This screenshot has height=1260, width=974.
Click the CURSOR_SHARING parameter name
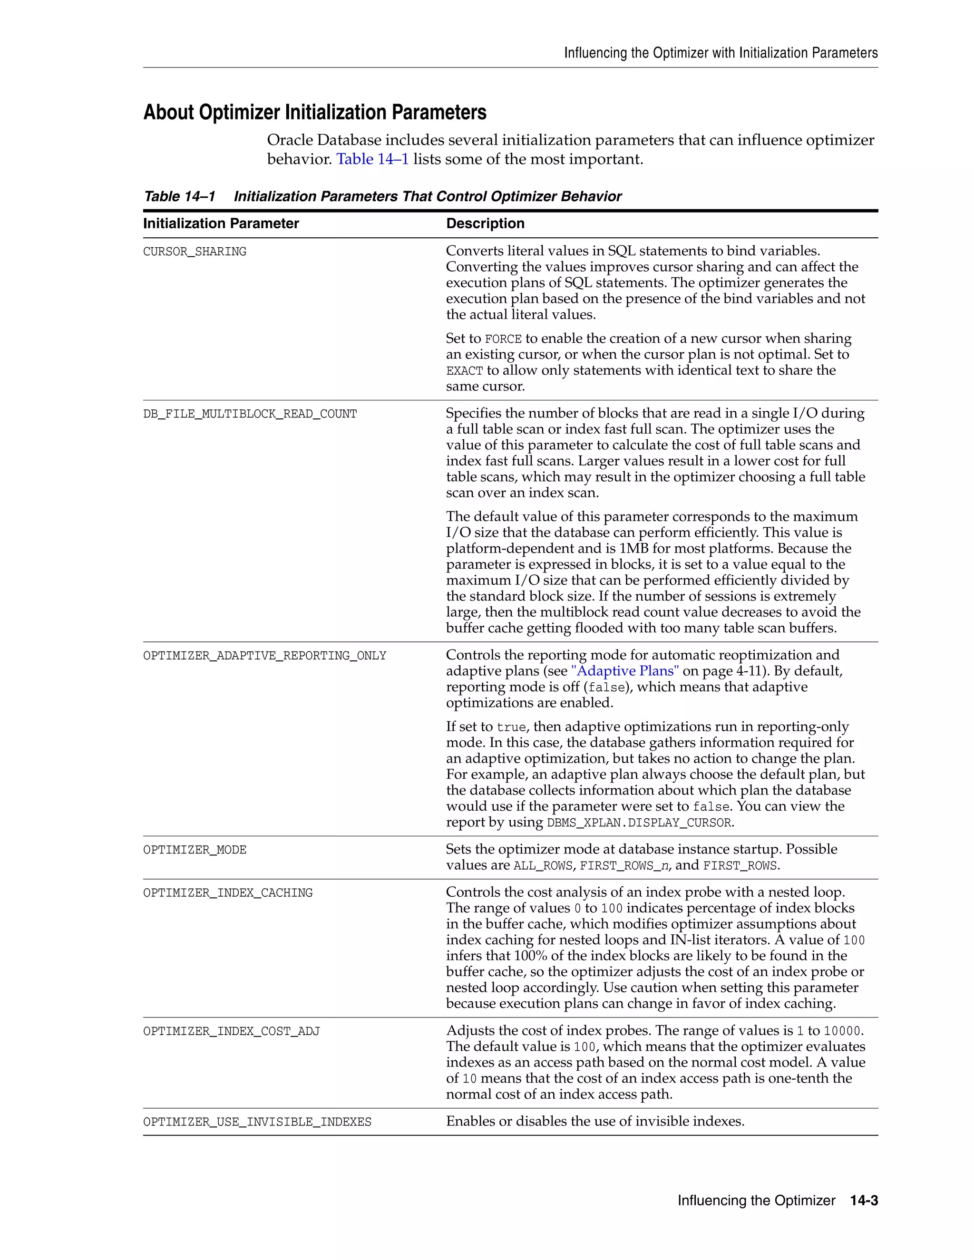point(195,252)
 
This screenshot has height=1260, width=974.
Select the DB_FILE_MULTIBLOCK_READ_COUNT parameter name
point(250,414)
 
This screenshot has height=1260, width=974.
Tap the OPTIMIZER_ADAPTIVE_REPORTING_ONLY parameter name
point(264,655)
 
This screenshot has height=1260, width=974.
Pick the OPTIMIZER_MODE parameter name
point(195,850)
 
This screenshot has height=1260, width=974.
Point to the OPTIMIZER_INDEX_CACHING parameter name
point(227,892)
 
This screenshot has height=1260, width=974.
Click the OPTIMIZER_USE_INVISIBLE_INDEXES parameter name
point(257,1122)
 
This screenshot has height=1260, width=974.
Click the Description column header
point(485,223)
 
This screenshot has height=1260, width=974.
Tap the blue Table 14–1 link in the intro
point(372,159)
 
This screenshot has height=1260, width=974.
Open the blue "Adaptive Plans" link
point(625,671)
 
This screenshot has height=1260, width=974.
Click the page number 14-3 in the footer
point(864,1201)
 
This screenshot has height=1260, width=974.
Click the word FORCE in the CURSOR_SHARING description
point(503,339)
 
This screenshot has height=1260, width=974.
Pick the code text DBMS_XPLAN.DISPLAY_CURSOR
point(639,823)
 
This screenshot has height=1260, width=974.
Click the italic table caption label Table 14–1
point(179,197)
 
